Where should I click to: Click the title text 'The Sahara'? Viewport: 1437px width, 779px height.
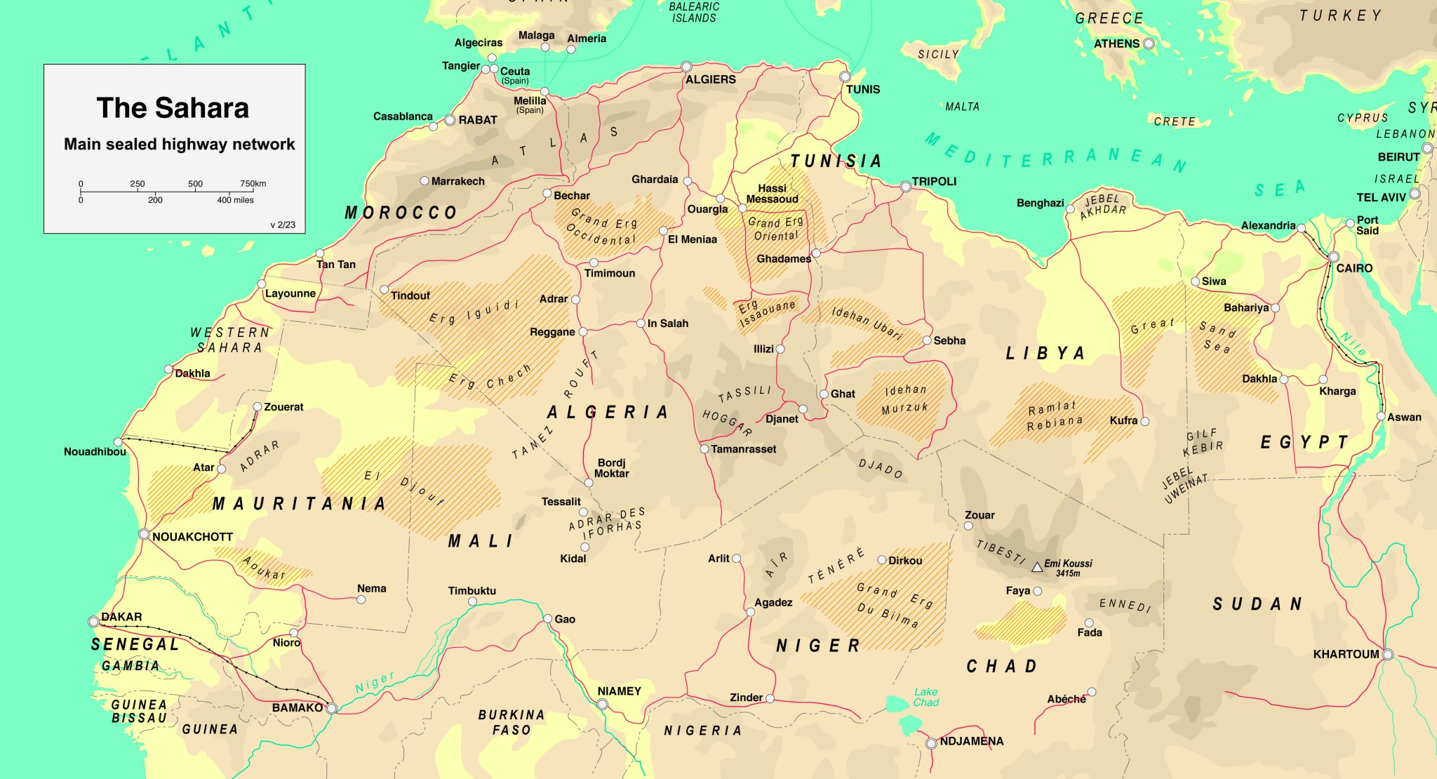pos(173,108)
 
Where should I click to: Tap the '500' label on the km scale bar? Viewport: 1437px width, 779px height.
pos(195,184)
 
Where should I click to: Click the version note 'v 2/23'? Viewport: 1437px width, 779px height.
pos(283,225)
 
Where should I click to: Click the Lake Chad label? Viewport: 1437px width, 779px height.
pos(926,697)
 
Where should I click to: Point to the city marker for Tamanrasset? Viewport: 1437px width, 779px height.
pos(704,448)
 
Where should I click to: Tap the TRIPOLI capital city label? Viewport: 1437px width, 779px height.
pos(934,181)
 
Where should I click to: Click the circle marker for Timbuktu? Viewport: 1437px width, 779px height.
pos(473,602)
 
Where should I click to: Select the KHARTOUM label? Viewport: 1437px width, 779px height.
pos(1346,654)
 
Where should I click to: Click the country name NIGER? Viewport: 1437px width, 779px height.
pos(818,646)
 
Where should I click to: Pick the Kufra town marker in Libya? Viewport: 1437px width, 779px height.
pos(1145,421)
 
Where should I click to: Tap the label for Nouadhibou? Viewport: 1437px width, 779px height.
pos(95,451)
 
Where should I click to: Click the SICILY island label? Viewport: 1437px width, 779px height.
pos(938,54)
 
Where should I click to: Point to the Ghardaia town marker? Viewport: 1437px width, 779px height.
pos(688,181)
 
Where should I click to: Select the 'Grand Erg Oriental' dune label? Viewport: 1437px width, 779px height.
pos(775,229)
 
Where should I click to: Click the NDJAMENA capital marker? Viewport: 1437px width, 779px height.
pos(931,743)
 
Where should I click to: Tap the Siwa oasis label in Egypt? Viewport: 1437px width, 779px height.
pos(1214,281)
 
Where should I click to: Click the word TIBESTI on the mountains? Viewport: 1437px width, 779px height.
pos(1001,552)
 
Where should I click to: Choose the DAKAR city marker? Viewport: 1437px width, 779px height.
pos(93,622)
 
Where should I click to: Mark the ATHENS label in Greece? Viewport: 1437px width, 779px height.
pos(1116,44)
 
